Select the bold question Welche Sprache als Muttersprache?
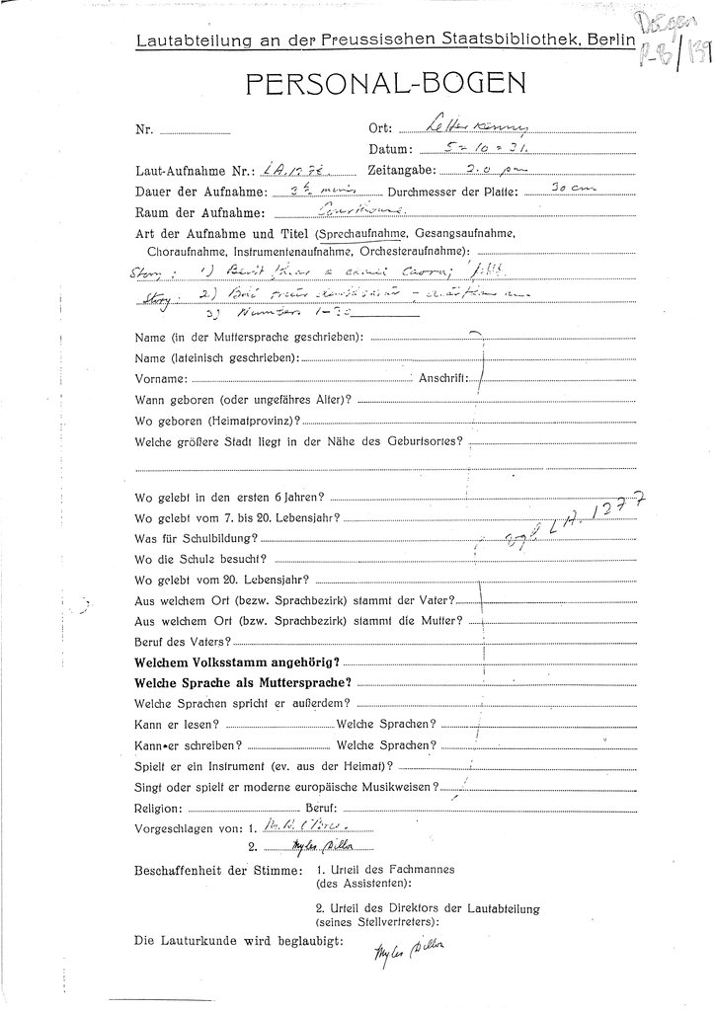(x=244, y=683)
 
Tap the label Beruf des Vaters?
(x=173, y=641)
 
